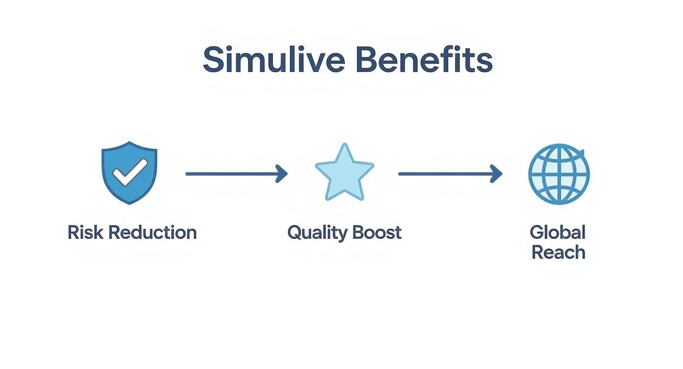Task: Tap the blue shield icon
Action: (129, 172)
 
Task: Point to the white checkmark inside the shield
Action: (129, 172)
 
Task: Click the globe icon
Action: (559, 173)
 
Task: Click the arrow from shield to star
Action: (236, 173)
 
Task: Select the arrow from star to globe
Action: (449, 173)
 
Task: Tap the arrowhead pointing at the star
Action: (282, 173)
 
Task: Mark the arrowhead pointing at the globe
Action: (497, 173)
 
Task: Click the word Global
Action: (558, 232)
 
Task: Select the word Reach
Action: (558, 252)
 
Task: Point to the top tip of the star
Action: (345, 145)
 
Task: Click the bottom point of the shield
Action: (129, 203)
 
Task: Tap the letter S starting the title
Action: (212, 60)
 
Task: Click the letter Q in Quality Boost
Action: (294, 233)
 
